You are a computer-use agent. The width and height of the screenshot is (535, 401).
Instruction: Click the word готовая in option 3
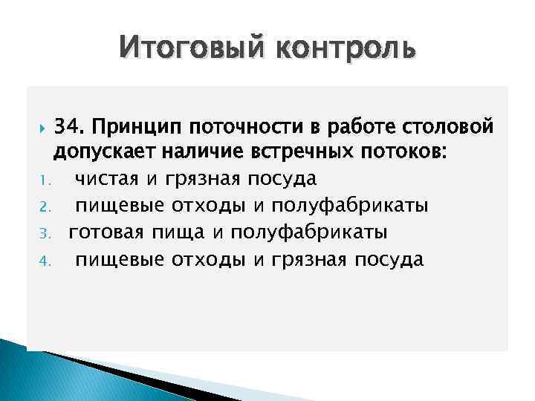tap(106, 232)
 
